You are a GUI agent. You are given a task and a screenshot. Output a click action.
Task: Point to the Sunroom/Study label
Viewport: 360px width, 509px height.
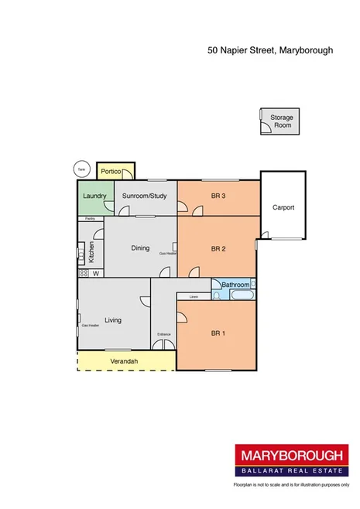[145, 196]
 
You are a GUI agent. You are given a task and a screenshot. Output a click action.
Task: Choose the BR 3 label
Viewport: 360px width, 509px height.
[218, 196]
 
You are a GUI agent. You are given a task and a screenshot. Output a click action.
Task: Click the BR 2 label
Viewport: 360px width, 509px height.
[218, 248]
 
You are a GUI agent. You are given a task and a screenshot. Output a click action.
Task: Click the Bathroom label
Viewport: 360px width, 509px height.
[233, 285]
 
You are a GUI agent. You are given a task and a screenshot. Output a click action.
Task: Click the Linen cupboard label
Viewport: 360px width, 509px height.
[193, 296]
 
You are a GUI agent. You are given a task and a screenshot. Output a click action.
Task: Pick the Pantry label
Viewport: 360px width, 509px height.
[90, 219]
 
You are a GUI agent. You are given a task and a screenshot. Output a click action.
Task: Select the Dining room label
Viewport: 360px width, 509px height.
[140, 248]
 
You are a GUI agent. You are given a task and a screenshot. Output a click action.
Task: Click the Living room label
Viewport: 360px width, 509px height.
[114, 319]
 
